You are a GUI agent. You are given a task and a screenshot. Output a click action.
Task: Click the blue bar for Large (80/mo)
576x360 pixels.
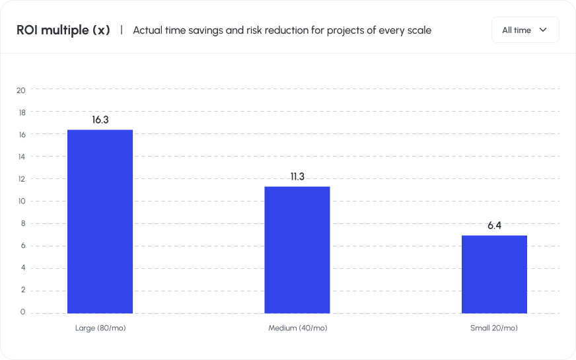[x=100, y=221]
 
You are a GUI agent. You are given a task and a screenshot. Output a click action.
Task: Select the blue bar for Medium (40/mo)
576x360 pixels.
[x=297, y=250]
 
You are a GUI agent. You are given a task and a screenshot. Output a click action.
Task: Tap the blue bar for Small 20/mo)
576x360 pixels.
[x=494, y=274]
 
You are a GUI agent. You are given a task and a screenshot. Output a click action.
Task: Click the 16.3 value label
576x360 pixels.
[x=100, y=120]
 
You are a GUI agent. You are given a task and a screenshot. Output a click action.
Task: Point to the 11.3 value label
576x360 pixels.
[x=297, y=176]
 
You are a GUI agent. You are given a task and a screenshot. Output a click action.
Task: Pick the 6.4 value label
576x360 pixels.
[x=495, y=225]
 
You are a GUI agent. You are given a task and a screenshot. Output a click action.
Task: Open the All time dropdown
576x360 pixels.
[x=525, y=30]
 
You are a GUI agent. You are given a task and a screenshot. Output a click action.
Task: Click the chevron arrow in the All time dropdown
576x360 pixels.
[x=543, y=30]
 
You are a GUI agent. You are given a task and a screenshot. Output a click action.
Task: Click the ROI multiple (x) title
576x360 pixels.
[x=63, y=30]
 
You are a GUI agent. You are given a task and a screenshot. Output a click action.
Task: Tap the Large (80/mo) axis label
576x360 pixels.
[x=100, y=328]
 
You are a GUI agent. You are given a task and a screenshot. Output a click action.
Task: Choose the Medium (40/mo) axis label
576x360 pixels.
[x=297, y=328]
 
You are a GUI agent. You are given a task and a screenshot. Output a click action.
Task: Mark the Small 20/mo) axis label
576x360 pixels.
[x=494, y=328]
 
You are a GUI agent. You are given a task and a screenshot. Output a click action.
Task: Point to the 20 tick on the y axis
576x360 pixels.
[x=21, y=90]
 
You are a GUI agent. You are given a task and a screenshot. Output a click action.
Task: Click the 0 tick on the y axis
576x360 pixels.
[x=23, y=312]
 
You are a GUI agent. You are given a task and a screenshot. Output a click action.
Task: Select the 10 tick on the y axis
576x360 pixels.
[x=21, y=201]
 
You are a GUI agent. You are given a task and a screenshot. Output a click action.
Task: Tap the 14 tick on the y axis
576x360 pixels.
[x=21, y=157]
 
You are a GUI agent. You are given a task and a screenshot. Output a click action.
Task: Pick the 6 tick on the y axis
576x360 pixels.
[x=23, y=245]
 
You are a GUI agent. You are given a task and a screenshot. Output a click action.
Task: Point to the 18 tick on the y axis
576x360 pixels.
[x=21, y=112]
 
